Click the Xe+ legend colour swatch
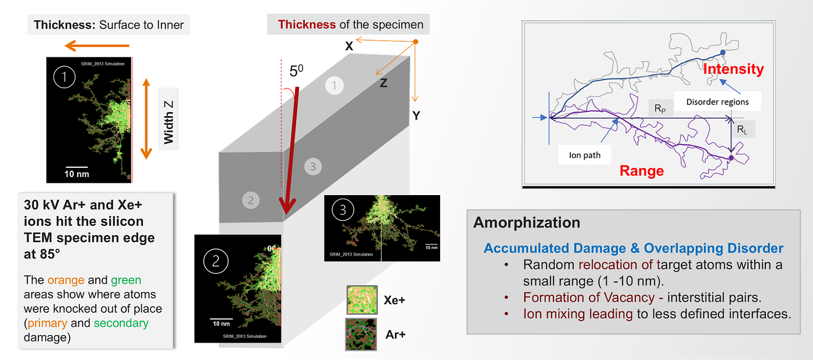[362, 300]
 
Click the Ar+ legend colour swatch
[361, 334]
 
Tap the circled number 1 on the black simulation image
[64, 77]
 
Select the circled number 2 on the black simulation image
[215, 261]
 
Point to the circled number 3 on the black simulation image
[343, 210]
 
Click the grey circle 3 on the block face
[313, 167]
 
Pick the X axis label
[349, 46]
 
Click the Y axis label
[416, 116]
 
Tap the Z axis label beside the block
[383, 83]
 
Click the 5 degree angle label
[296, 70]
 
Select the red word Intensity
[733, 69]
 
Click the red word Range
[642, 171]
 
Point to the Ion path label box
[585, 155]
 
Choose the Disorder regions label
[718, 102]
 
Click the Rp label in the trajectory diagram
[660, 109]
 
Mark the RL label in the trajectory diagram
[742, 129]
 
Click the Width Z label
[168, 122]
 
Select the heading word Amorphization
[527, 222]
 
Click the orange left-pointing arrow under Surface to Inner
[97, 46]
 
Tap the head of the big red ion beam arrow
[287, 207]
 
